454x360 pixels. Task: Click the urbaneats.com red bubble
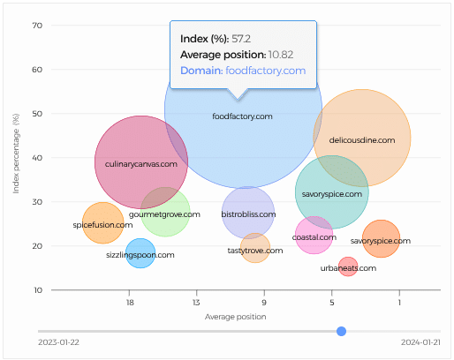click(x=348, y=266)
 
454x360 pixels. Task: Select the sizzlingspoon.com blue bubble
click(x=140, y=253)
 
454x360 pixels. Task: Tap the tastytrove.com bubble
click(x=255, y=248)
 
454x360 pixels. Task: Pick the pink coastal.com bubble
click(x=314, y=235)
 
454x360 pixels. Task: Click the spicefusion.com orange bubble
click(x=103, y=223)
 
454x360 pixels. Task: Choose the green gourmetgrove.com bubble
click(x=165, y=212)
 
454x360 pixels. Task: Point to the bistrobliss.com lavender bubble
click(x=248, y=213)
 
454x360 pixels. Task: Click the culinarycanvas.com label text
click(x=141, y=164)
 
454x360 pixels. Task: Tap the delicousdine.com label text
click(x=362, y=140)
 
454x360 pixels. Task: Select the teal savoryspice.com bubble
click(x=332, y=192)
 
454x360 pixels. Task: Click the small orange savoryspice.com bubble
click(x=381, y=238)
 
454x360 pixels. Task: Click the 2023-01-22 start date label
click(x=58, y=342)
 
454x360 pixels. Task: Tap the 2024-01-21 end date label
click(x=420, y=342)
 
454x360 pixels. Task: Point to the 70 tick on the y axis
click(x=37, y=26)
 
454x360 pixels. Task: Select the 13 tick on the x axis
click(x=196, y=303)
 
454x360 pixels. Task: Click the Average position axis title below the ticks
click(x=236, y=317)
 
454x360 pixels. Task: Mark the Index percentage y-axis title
click(x=16, y=154)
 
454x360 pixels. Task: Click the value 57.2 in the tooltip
click(x=241, y=39)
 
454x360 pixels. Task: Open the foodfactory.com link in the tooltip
click(x=266, y=71)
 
